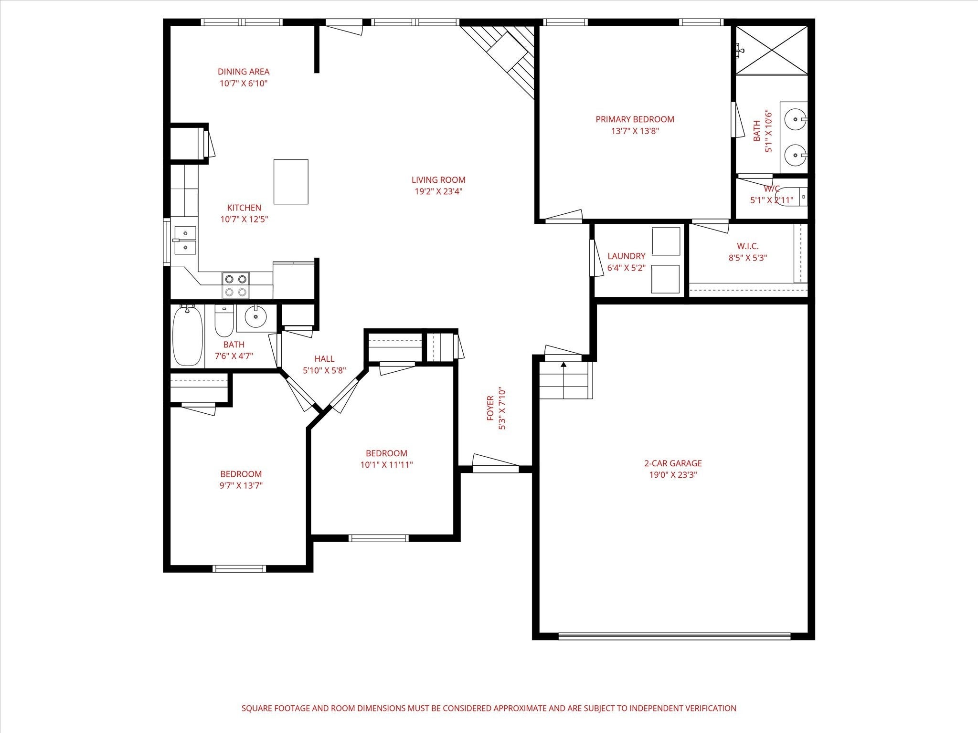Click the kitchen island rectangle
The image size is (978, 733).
click(291, 182)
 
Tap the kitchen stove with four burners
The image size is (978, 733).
click(235, 285)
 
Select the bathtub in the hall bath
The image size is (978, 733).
click(187, 336)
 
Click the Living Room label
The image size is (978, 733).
click(438, 180)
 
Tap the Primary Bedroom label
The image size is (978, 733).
click(635, 119)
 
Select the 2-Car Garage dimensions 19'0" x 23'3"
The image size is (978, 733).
click(673, 475)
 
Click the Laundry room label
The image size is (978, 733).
click(626, 256)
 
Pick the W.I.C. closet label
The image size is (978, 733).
click(747, 246)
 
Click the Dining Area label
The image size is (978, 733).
click(244, 72)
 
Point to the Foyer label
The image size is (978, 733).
click(490, 408)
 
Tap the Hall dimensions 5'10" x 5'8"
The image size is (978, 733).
click(324, 370)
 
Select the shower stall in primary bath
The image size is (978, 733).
click(771, 50)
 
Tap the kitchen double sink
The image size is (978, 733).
click(184, 240)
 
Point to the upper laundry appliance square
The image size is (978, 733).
click(666, 241)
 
